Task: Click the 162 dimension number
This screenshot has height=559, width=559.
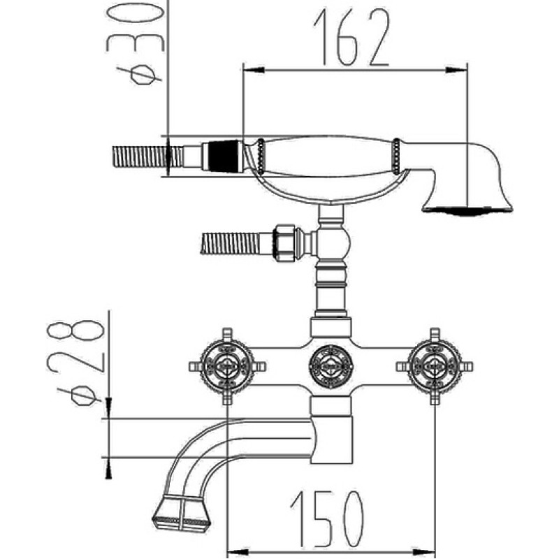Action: [x=351, y=38]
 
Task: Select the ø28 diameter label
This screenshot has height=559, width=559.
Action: [x=75, y=363]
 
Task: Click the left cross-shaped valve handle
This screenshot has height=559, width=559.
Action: [x=227, y=366]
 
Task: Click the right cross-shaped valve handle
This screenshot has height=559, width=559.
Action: [x=435, y=366]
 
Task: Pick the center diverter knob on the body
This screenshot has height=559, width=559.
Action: [x=331, y=366]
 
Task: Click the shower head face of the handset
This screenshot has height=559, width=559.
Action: [x=467, y=210]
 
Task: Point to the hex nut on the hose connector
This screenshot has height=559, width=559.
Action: [x=285, y=243]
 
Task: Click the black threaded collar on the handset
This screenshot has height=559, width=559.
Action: [x=223, y=156]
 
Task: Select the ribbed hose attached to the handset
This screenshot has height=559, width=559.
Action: [x=147, y=157]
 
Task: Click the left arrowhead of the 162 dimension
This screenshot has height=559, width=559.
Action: [x=254, y=71]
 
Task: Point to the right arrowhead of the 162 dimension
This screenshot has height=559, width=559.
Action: [x=456, y=71]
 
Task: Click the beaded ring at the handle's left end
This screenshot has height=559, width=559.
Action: [x=261, y=156]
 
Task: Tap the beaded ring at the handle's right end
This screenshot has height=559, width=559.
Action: [x=396, y=156]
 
